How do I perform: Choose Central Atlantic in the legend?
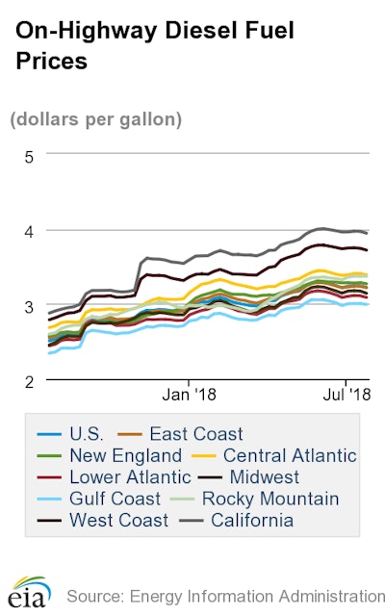point(290,455)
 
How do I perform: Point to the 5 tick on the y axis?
point(29,157)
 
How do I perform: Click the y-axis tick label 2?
point(29,381)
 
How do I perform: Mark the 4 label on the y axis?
point(29,231)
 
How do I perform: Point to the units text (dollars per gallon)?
point(96,120)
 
